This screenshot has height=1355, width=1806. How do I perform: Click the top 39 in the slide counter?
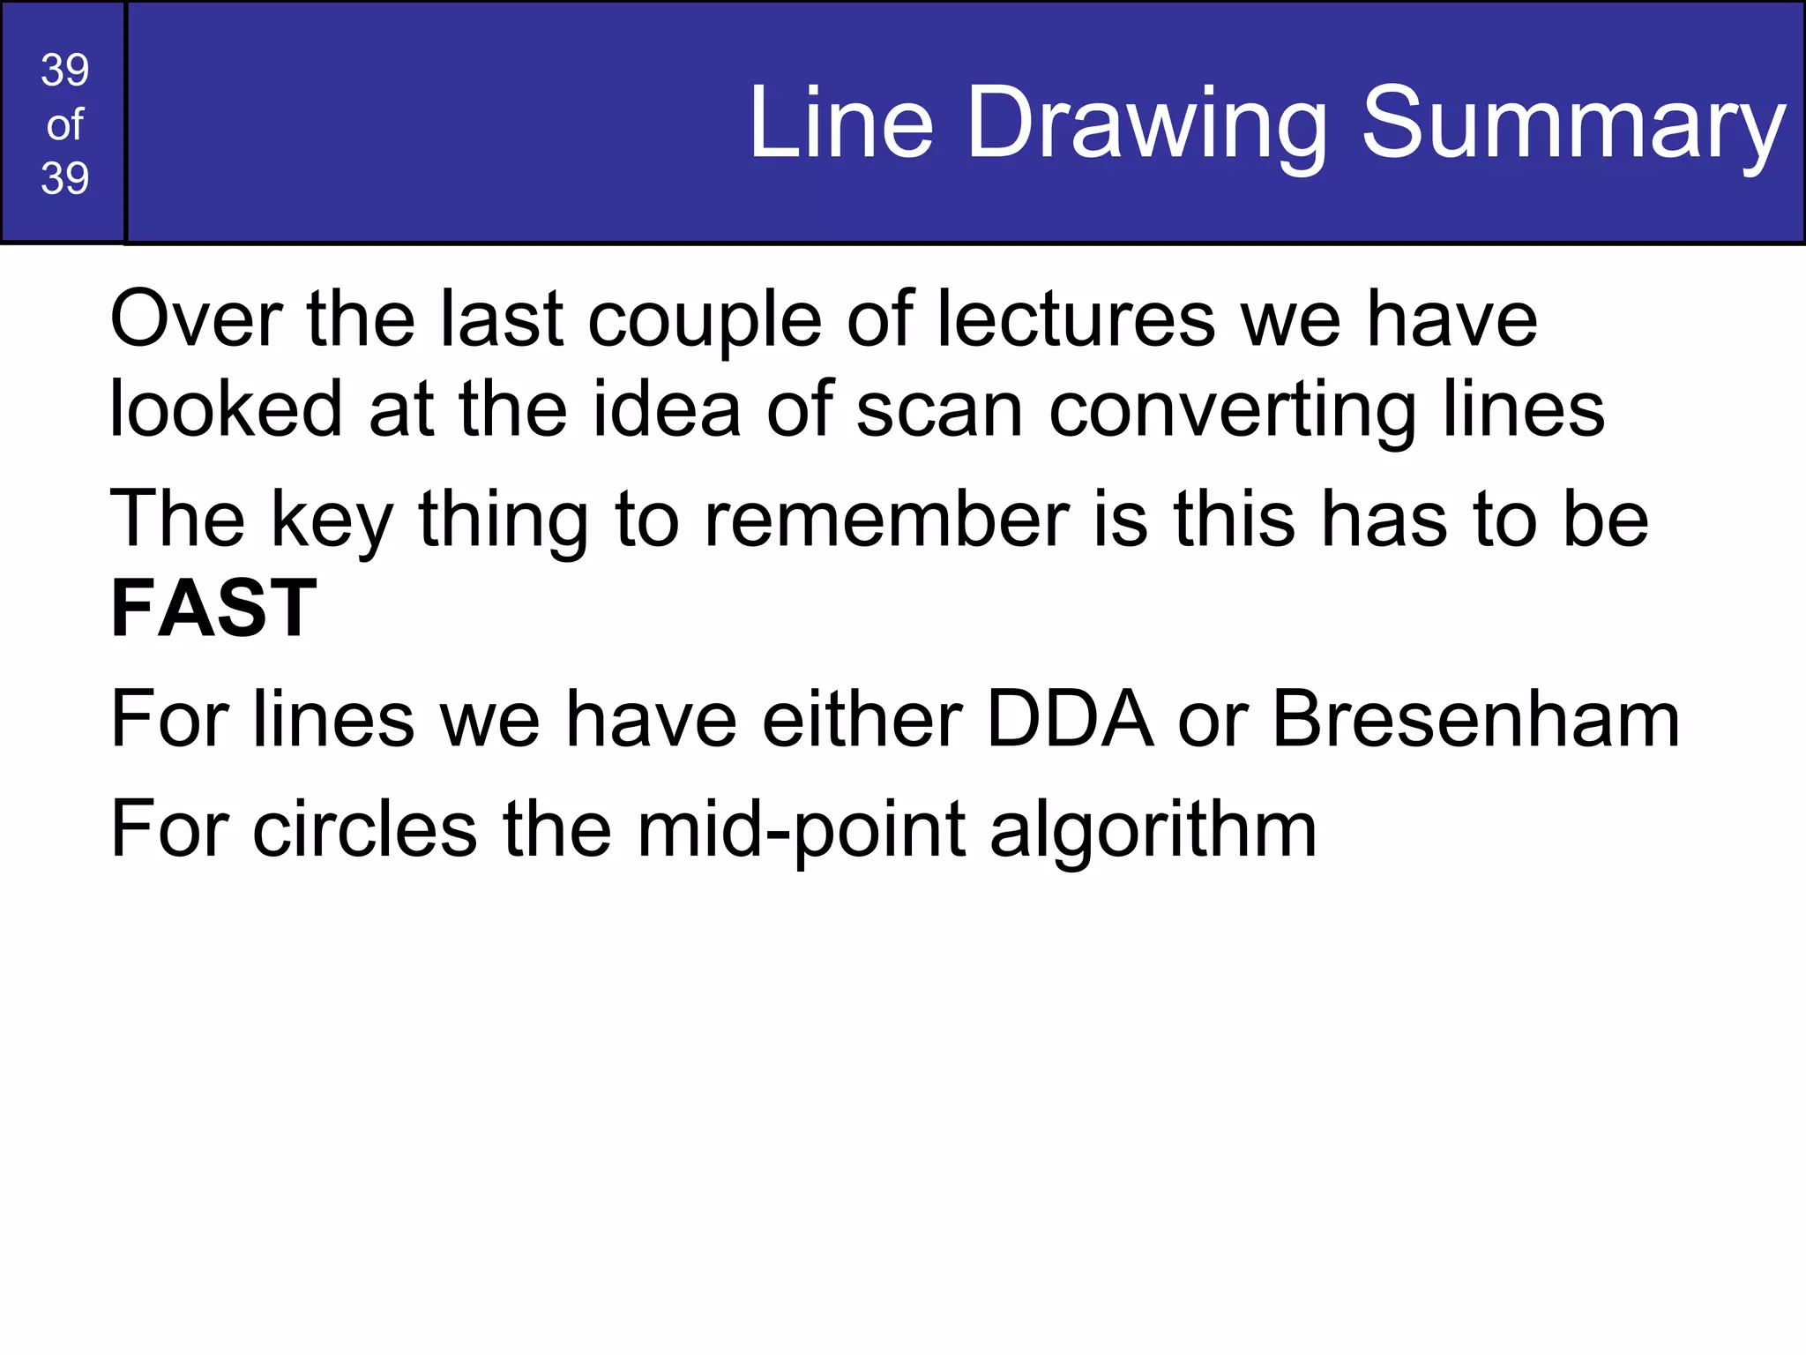(x=64, y=71)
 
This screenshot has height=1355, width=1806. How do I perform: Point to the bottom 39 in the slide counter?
(x=64, y=178)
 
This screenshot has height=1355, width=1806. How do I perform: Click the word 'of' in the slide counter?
(x=64, y=125)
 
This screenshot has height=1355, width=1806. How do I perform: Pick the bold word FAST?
(x=213, y=609)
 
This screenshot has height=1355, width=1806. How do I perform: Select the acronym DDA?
(x=1070, y=720)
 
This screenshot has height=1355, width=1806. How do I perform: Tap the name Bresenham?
(x=1475, y=720)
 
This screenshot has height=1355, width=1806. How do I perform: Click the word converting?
(x=1232, y=411)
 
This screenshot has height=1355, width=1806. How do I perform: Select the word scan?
(x=939, y=411)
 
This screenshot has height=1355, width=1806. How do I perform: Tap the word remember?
(x=886, y=520)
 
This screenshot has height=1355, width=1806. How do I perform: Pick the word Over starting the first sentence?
(x=196, y=319)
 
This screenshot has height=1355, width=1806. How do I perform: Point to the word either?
(x=862, y=720)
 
